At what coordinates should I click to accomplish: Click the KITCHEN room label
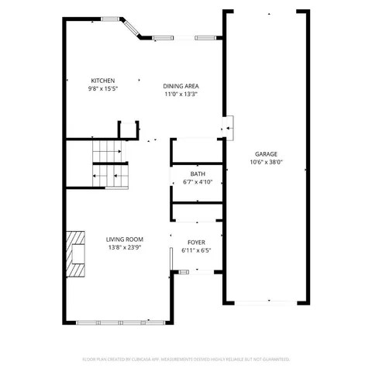coord(103,81)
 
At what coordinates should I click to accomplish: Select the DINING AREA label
coord(181,86)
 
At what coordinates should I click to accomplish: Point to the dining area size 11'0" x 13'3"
coord(181,95)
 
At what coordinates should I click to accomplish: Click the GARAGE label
coord(266,154)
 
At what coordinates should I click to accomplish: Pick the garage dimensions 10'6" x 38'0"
coord(266,163)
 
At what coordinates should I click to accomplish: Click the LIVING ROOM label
coord(124,239)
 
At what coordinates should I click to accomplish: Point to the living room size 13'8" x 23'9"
coord(124,250)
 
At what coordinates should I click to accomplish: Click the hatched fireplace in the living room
coord(75,253)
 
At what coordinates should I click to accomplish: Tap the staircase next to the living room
coord(109,164)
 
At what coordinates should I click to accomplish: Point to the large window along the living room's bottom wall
coord(119,322)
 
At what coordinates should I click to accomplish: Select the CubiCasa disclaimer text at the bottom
coord(186,359)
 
